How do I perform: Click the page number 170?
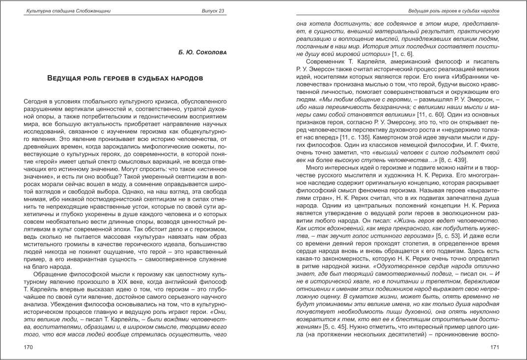coord(28,347)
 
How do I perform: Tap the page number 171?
coord(495,347)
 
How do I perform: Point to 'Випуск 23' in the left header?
coord(213,11)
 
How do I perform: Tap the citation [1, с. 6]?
coord(407,53)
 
